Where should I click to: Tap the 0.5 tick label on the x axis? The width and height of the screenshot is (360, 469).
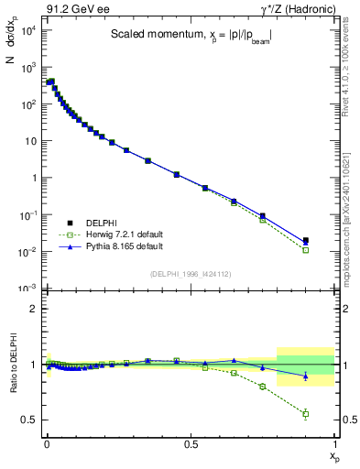click(191, 444)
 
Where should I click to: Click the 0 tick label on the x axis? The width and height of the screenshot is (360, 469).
click(47, 444)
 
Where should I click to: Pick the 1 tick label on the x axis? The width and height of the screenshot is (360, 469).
click(334, 444)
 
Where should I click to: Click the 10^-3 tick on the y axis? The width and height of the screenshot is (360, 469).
click(27, 289)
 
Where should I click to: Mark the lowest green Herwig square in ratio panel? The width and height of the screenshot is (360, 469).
click(305, 414)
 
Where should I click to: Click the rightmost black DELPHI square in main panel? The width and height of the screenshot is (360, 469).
click(305, 241)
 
